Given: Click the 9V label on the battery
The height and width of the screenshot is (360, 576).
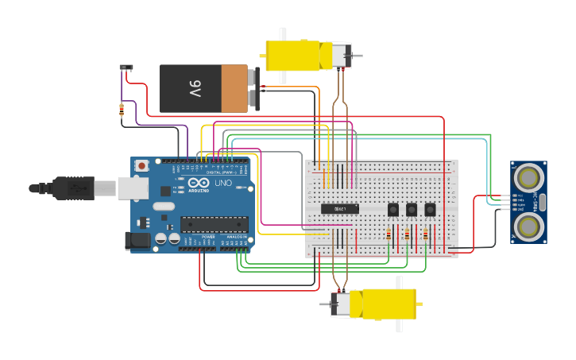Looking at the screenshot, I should pyautogui.click(x=195, y=87).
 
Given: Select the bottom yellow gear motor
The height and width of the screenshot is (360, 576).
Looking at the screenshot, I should pyautogui.click(x=381, y=303).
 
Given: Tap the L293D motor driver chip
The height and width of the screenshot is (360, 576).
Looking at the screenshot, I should pyautogui.click(x=340, y=209).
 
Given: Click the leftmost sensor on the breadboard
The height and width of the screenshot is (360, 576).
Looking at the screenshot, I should pyautogui.click(x=392, y=210).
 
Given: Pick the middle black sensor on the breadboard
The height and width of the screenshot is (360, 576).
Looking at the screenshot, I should pyautogui.click(x=412, y=210).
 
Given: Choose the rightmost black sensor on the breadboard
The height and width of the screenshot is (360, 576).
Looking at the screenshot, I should pyautogui.click(x=430, y=210).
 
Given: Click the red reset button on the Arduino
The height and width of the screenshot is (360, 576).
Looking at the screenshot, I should pyautogui.click(x=141, y=166).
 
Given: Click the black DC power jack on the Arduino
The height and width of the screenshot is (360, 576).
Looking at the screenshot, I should pyautogui.click(x=137, y=240).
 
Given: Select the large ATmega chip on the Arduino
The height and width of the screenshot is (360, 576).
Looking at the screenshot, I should pyautogui.click(x=214, y=224).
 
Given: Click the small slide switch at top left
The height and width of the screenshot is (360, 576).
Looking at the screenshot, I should pyautogui.click(x=126, y=68).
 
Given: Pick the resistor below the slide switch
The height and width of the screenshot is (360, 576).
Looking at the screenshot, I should pyautogui.click(x=122, y=110).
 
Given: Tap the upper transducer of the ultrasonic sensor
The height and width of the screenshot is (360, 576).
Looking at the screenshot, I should pyautogui.click(x=528, y=176).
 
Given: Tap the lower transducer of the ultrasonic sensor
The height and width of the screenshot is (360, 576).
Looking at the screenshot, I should pyautogui.click(x=528, y=226).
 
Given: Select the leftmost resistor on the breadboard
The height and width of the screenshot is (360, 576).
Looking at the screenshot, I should pyautogui.click(x=389, y=234).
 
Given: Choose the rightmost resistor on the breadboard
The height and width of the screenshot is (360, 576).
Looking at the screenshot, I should pyautogui.click(x=426, y=234).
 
